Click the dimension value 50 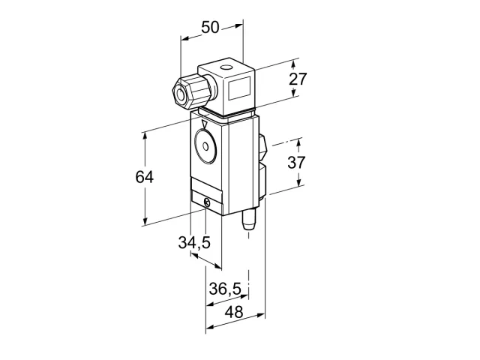pyautogui.click(x=210, y=27)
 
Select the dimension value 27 pyautogui.click(x=298, y=79)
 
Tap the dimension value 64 pyautogui.click(x=144, y=177)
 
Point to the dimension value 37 pyautogui.click(x=296, y=162)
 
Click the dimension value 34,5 pyautogui.click(x=194, y=242)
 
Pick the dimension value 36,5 pyautogui.click(x=225, y=289)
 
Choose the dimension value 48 pyautogui.click(x=234, y=312)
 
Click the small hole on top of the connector pyautogui.click(x=226, y=67)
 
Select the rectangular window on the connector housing pyautogui.click(x=240, y=88)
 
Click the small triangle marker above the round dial pyautogui.click(x=205, y=124)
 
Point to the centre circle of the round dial pyautogui.click(x=205, y=146)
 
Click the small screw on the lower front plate pyautogui.click(x=207, y=202)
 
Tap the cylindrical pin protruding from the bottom pyautogui.click(x=248, y=220)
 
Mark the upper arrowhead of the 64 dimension pyautogui.click(x=145, y=137)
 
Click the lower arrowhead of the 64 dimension pyautogui.click(x=145, y=221)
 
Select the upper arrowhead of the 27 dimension pyautogui.click(x=293, y=64)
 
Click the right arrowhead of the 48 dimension pyautogui.click(x=260, y=315)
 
